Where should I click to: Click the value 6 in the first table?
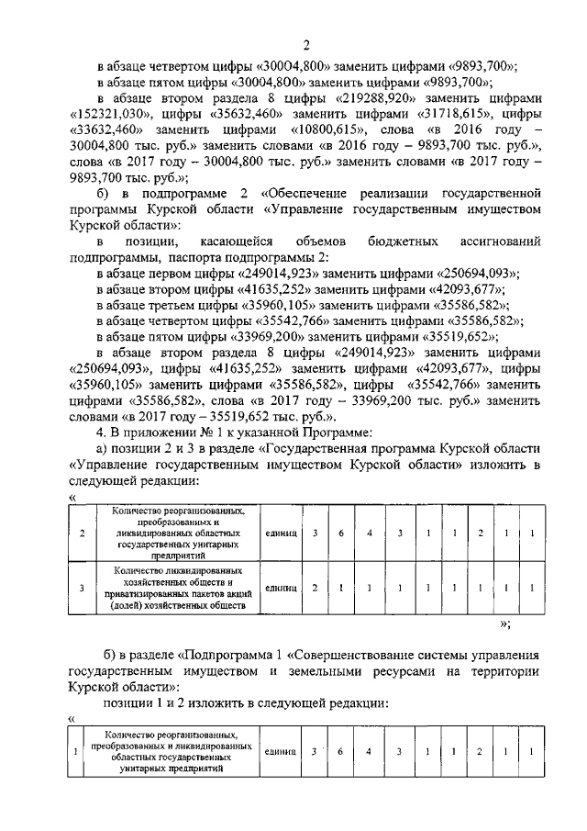(x=339, y=533)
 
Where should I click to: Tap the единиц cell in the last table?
(x=279, y=751)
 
